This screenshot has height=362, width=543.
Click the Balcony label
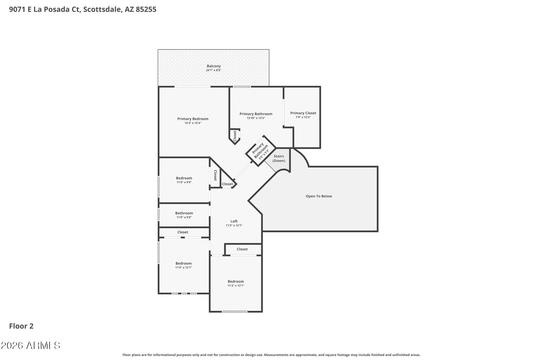[x=214, y=66]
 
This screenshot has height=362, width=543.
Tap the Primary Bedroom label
[x=193, y=119]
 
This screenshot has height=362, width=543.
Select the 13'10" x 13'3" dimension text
[x=256, y=118]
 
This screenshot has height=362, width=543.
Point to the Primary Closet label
[x=303, y=113]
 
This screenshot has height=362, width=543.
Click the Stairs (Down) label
[x=279, y=158]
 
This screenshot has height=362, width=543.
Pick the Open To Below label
[x=319, y=196]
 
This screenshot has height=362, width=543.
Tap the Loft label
[x=234, y=221]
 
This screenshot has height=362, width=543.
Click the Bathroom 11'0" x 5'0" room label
[x=184, y=213]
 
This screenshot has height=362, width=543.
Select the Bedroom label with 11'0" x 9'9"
[x=184, y=178]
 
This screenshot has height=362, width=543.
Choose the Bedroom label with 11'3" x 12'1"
[x=236, y=281]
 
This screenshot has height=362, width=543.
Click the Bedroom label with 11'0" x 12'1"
[x=184, y=263]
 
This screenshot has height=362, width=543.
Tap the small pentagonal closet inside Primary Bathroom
[x=235, y=136]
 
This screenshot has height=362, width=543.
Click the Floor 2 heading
[x=21, y=326]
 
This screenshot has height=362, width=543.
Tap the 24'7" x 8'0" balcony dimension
[x=214, y=70]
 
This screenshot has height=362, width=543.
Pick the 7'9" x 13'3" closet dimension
[x=303, y=117]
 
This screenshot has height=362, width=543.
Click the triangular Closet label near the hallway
[x=227, y=184]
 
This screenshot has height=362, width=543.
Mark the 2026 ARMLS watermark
[x=30, y=345]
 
